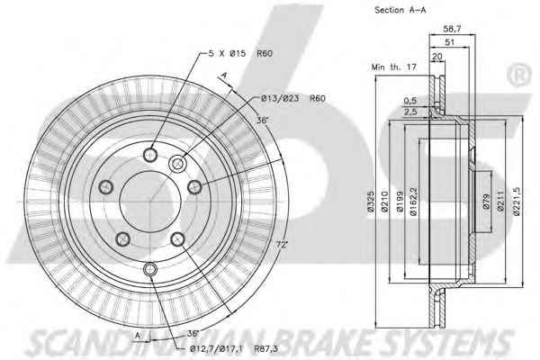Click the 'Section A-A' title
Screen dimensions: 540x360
(400, 10)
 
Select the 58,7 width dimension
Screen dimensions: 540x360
(452, 29)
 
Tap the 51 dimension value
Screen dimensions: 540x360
(450, 42)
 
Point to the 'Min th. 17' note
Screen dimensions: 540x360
(394, 67)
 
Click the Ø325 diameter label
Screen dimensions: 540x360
(371, 202)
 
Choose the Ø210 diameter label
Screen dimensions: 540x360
(385, 202)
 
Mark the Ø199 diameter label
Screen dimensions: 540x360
(400, 202)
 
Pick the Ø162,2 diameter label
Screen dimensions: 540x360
(414, 202)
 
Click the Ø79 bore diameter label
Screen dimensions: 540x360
(486, 202)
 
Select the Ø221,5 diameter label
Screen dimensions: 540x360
(517, 202)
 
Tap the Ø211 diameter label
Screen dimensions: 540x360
(500, 202)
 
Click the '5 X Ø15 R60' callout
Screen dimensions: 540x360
(240, 53)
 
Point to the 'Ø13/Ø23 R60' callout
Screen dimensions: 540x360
(292, 98)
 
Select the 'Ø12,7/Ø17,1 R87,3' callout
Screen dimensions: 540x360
(234, 348)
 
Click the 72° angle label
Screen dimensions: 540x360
(282, 245)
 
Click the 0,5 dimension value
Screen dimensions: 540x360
(410, 101)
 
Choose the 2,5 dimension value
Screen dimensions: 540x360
(410, 112)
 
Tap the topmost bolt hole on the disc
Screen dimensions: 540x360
(150, 155)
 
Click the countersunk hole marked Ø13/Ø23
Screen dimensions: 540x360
(177, 163)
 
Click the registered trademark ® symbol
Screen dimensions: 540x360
(518, 75)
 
